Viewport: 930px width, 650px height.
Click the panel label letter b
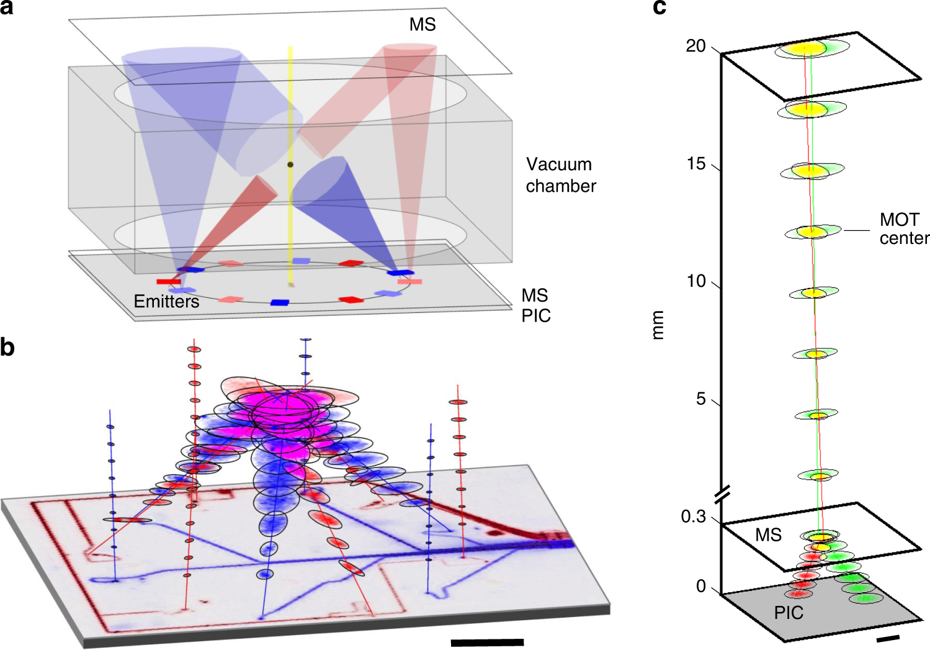click(7, 347)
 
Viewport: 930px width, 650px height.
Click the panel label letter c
click(660, 7)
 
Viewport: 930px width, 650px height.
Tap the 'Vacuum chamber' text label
click(561, 175)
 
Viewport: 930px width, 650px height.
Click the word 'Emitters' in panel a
click(166, 302)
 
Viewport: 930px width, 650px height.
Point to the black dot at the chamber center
click(290, 165)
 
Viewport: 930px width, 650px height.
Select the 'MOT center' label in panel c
click(903, 229)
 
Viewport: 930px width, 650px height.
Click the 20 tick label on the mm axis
click(695, 47)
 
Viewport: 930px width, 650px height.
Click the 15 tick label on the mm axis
click(697, 164)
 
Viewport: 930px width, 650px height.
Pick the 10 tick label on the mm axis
click(696, 281)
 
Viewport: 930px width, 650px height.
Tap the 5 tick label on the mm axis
click(701, 399)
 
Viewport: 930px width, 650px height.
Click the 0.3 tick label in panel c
click(694, 517)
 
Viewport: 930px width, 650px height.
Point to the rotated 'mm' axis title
click(658, 325)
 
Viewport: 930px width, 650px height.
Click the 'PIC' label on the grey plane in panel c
click(789, 613)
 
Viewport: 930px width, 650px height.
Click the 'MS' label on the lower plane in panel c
click(768, 535)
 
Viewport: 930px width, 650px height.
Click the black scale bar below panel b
click(487, 643)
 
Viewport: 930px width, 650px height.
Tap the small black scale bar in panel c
click(888, 638)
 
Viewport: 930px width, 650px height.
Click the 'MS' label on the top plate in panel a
click(423, 25)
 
